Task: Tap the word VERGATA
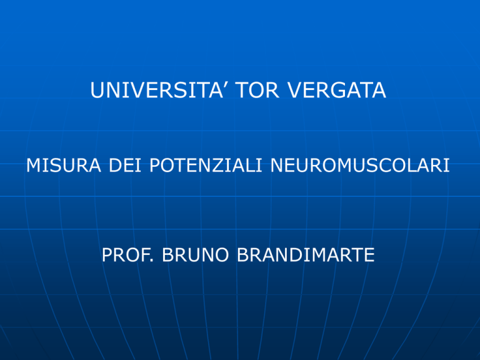click(337, 90)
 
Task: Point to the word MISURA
click(64, 165)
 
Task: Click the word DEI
click(125, 165)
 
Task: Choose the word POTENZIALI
click(206, 165)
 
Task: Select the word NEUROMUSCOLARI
click(360, 165)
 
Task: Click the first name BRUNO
click(195, 255)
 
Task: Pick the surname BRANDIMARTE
click(306, 255)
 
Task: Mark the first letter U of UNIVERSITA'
click(97, 90)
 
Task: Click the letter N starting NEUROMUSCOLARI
click(277, 165)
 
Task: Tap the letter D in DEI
click(116, 165)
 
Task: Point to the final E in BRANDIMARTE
click(369, 255)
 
